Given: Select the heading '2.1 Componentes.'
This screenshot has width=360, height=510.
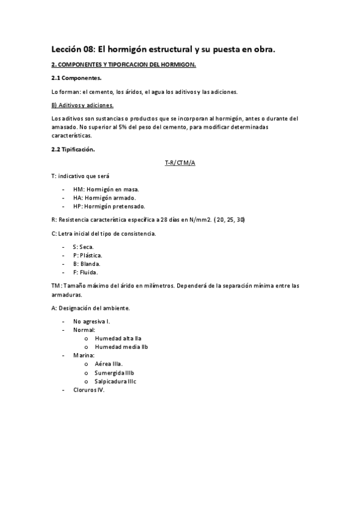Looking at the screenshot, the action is (x=76, y=78).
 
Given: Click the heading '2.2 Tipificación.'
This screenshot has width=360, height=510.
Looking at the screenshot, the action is (x=73, y=149).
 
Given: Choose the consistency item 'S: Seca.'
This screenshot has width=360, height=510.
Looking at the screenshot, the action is (x=83, y=247).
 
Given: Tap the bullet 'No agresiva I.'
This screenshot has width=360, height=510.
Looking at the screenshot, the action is (x=91, y=321).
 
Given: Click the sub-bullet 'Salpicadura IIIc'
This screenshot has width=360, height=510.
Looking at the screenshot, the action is (x=116, y=381).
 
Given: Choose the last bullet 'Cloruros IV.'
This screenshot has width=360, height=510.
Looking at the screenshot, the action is (x=89, y=390).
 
